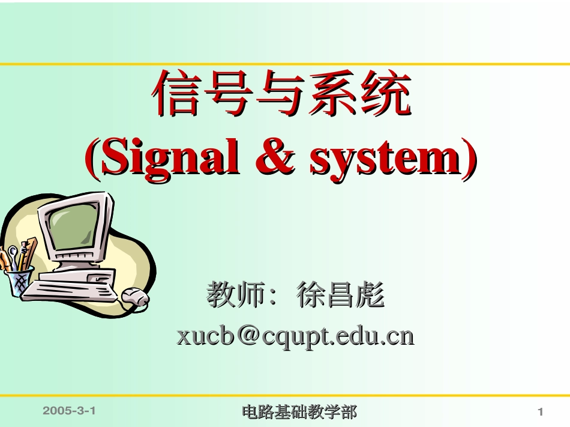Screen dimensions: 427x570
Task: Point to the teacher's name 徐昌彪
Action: (340, 295)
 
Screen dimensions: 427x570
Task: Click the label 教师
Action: (236, 295)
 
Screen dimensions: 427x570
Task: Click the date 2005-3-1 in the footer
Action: (70, 411)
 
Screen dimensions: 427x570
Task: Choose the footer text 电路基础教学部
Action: (299, 412)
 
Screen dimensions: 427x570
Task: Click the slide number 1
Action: (540, 412)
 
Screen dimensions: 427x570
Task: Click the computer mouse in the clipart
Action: (134, 297)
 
